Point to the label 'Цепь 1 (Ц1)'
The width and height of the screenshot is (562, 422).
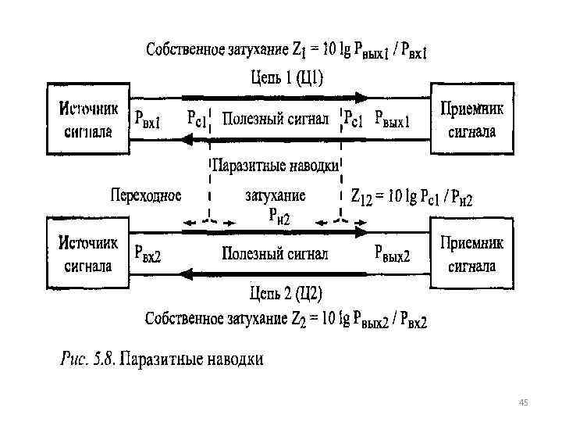(286, 78)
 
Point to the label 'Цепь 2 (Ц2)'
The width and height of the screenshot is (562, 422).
(286, 294)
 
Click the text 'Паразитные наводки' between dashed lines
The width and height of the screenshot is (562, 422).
(275, 166)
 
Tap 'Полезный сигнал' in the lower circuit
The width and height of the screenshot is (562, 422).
(275, 253)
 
